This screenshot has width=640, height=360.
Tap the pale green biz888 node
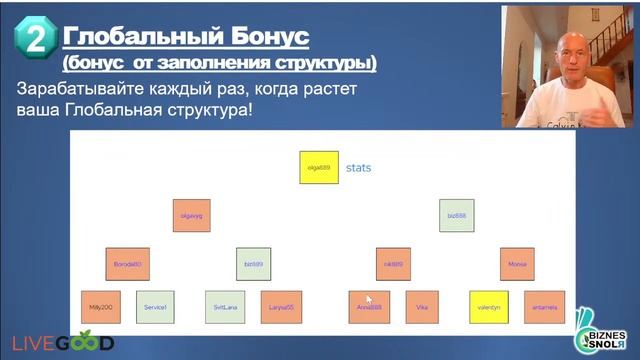(x=457, y=215)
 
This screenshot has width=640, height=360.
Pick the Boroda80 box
(x=127, y=264)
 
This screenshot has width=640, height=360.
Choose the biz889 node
(x=254, y=264)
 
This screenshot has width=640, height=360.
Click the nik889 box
(x=393, y=264)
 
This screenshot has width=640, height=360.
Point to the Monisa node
(x=517, y=264)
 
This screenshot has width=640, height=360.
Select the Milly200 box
(x=99, y=307)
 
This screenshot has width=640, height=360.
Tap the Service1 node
(x=155, y=307)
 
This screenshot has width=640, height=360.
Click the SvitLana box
(x=224, y=307)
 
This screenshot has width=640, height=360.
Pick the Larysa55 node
(x=281, y=307)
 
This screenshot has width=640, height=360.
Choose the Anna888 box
(x=368, y=307)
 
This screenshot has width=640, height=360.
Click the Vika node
(x=422, y=307)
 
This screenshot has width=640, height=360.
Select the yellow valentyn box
(x=489, y=307)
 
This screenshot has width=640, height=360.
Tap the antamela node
(x=545, y=307)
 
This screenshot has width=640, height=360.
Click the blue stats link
(x=358, y=168)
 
